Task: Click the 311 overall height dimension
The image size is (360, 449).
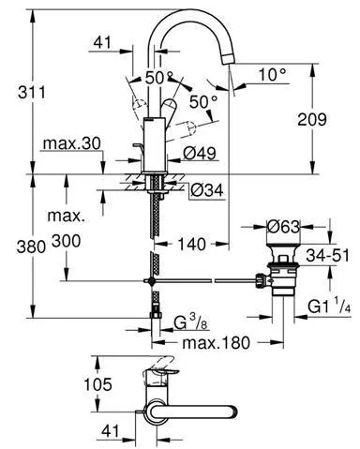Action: pyautogui.click(x=31, y=93)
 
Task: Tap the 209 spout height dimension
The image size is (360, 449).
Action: pyautogui.click(x=312, y=119)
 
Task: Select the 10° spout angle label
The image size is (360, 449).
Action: pyautogui.click(x=273, y=75)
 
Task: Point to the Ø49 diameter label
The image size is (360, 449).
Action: pyautogui.click(x=200, y=154)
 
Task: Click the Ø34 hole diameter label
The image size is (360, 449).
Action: pyautogui.click(x=207, y=189)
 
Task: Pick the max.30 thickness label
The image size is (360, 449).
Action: pyautogui.click(x=72, y=143)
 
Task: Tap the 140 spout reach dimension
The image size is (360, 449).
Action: pyautogui.click(x=191, y=244)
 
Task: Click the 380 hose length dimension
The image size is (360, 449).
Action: pyautogui.click(x=31, y=247)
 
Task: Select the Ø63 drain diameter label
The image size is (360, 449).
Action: pyautogui.click(x=283, y=227)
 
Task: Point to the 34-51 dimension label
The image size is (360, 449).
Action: pyautogui.click(x=327, y=255)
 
